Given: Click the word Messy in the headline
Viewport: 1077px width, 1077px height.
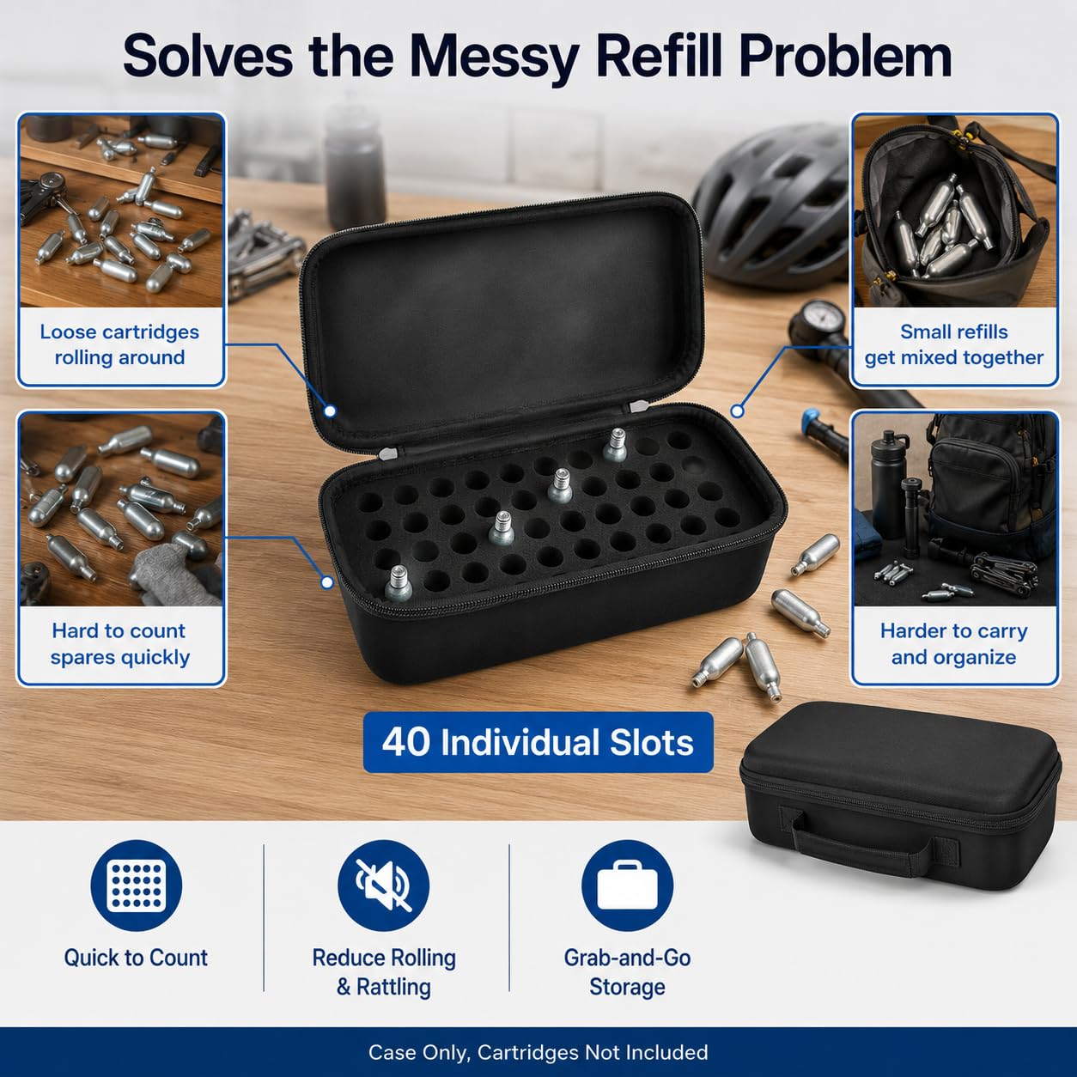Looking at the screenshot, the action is pos(494,58).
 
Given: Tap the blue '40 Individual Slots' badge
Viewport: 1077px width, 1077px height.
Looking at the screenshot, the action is pos(538,742).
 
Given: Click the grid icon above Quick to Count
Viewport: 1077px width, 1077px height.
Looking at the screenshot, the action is pos(137,885).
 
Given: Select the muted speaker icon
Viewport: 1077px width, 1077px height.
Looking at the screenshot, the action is pos(383,885).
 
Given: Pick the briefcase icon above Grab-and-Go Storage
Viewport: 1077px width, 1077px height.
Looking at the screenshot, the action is pos(627,885).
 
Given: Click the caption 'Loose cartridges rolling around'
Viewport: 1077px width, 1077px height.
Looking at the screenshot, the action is pos(119,344).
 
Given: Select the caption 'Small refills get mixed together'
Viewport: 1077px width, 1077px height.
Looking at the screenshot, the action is pos(954,344).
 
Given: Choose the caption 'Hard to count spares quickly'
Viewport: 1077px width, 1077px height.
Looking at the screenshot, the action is pos(119,644).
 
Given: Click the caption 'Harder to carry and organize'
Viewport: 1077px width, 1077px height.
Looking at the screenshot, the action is pos(954,644).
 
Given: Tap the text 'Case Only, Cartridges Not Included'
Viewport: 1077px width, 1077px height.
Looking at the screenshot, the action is pos(538,1052).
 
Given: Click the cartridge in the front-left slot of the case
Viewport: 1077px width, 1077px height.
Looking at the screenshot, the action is pos(398,583).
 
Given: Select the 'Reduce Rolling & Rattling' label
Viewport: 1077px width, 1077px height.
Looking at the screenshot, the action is pos(384,972).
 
